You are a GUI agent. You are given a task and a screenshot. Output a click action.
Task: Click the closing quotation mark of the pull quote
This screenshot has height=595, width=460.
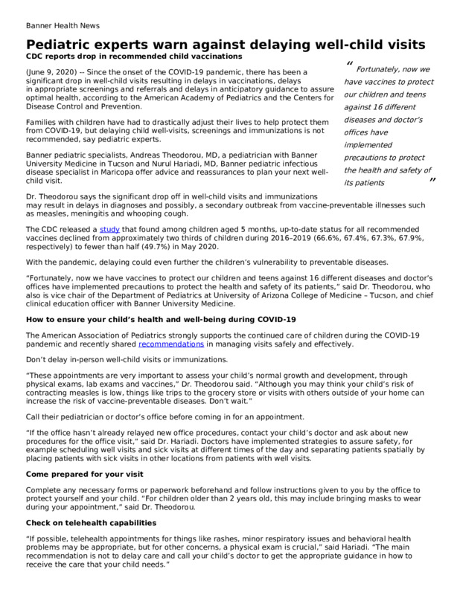pos(432,181)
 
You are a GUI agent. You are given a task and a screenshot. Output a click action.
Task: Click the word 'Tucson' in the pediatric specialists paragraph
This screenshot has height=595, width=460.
pos(130,164)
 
